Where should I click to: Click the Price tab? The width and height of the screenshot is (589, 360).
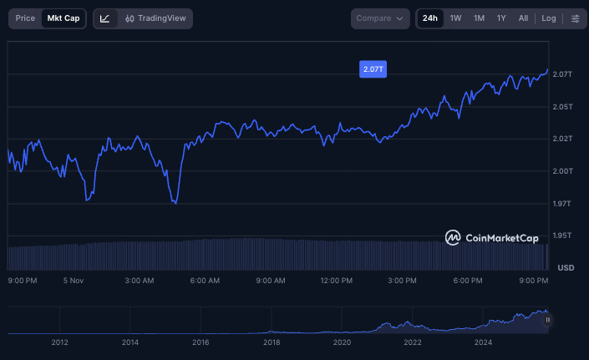tap(25, 18)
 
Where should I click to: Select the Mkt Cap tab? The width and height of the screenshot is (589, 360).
tap(63, 18)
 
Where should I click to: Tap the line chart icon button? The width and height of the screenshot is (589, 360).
tap(105, 18)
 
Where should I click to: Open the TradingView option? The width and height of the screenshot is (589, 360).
tap(155, 18)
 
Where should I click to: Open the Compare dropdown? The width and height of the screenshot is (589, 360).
tap(380, 18)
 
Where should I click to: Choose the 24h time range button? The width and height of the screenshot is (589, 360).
tap(429, 18)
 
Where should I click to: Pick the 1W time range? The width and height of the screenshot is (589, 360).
tap(455, 18)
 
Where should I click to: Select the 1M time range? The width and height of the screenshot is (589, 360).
tap(479, 18)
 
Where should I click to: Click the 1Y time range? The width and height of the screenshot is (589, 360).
tap(501, 18)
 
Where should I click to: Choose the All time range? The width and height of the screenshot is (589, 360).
tap(523, 18)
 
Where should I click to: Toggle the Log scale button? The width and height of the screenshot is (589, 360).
tap(548, 18)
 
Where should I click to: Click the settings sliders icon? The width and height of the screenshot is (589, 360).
tap(575, 18)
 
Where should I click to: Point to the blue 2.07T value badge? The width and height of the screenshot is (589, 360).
tap(373, 69)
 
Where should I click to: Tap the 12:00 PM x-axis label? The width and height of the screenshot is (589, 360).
tap(336, 281)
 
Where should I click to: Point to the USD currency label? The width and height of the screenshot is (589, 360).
tap(566, 267)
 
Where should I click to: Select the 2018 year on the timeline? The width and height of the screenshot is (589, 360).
tap(272, 342)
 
